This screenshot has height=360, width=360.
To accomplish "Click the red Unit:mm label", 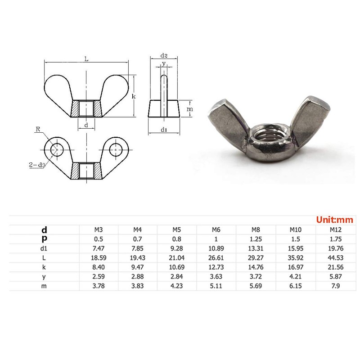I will point(335,220).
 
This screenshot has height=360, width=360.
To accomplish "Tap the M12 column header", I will point(336,230).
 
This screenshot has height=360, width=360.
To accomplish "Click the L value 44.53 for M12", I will point(336,258).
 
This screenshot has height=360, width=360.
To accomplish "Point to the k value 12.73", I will point(216,267).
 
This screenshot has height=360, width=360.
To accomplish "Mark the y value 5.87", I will point(336,277).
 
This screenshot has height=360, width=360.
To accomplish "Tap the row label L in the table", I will point(44,258).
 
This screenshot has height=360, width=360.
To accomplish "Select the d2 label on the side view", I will point(164,56).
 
